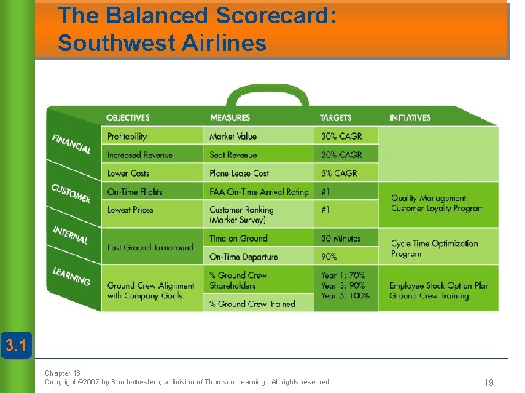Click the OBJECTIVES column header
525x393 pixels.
click(x=128, y=118)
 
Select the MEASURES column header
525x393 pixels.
click(x=230, y=118)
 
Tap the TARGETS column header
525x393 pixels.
click(x=335, y=118)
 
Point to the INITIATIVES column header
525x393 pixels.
click(x=410, y=118)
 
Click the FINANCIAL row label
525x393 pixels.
click(x=71, y=143)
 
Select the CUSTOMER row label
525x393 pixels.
click(x=71, y=193)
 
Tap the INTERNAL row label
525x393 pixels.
click(x=70, y=235)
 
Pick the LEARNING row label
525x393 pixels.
click(x=71, y=277)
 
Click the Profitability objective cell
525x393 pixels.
click(x=127, y=136)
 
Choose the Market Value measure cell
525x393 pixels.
click(x=234, y=136)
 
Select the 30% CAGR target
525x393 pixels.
click(x=341, y=136)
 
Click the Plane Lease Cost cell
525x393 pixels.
click(x=239, y=173)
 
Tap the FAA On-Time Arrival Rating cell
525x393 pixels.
click(x=259, y=192)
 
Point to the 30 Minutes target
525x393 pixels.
click(x=341, y=238)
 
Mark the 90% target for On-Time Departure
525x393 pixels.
click(x=330, y=257)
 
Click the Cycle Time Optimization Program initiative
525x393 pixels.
click(x=434, y=248)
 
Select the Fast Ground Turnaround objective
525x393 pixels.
click(x=150, y=247)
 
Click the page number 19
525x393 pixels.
click(x=488, y=381)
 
